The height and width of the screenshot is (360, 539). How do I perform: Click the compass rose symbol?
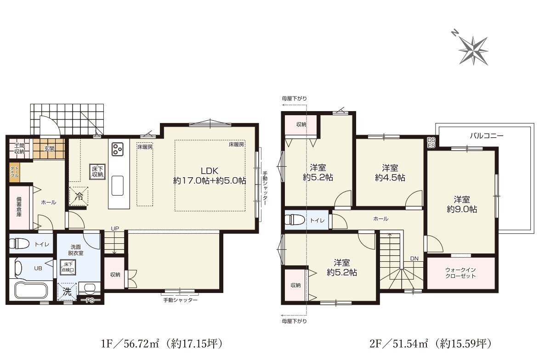tap(473, 50)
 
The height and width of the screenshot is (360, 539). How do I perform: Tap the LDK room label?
tap(210, 171)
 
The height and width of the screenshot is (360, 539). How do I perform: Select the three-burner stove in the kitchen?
tap(117, 149)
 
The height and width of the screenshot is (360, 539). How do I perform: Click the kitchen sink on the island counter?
tap(117, 186)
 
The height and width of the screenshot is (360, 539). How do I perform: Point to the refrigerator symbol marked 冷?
tap(79, 197)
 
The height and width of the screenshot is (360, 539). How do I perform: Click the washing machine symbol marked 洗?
tap(67, 292)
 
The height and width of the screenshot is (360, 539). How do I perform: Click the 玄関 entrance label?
tap(49, 149)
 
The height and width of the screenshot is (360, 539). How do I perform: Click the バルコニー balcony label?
tap(487, 135)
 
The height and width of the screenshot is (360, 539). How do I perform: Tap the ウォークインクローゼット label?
tap(460, 273)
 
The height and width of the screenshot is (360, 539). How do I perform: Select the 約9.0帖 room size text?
tap(462, 209)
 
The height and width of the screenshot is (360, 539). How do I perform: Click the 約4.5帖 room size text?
tap(390, 178)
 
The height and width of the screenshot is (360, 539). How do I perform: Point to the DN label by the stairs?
tap(414, 259)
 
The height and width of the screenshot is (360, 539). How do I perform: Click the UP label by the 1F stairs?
tap(115, 228)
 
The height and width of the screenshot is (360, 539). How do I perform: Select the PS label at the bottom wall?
tap(90, 301)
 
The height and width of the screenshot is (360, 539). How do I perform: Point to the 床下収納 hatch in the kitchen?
tap(97, 171)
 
